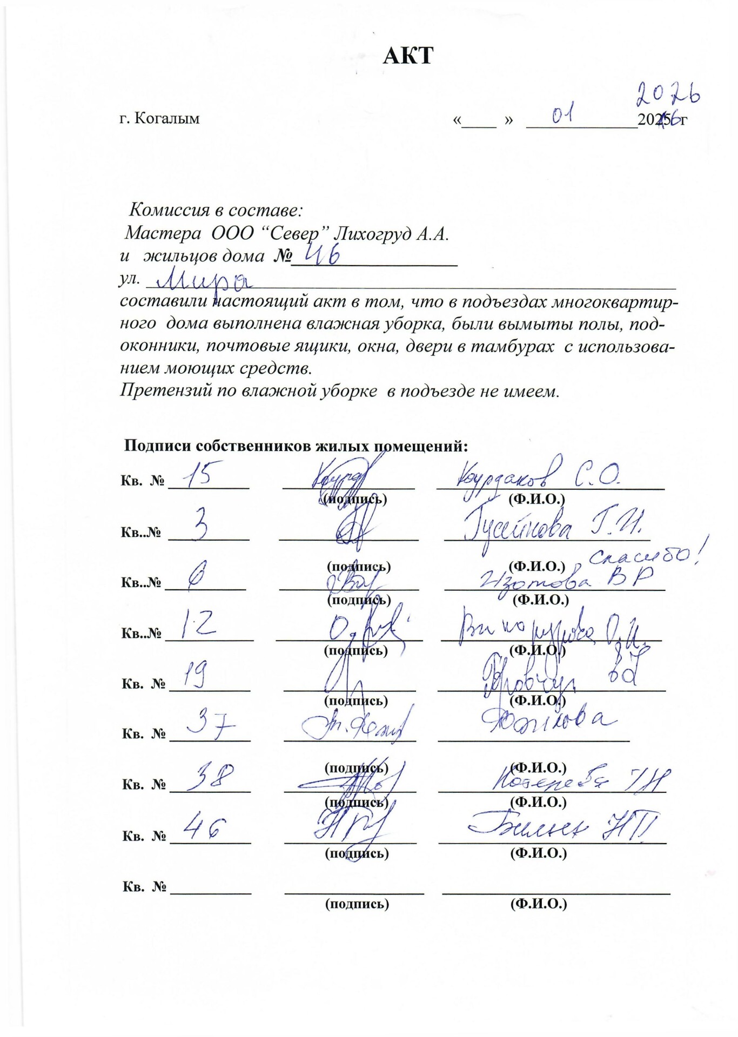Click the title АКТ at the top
point(408,56)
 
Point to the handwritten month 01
point(562,115)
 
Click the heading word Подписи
point(157,446)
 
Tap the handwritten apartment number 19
point(194,675)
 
